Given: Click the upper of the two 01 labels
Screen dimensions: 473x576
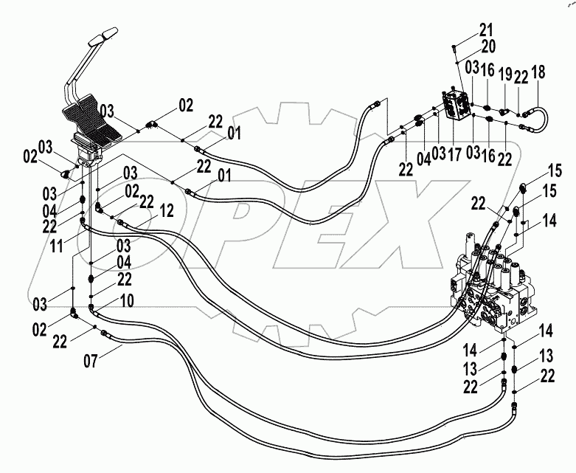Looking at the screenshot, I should coord(235,134).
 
